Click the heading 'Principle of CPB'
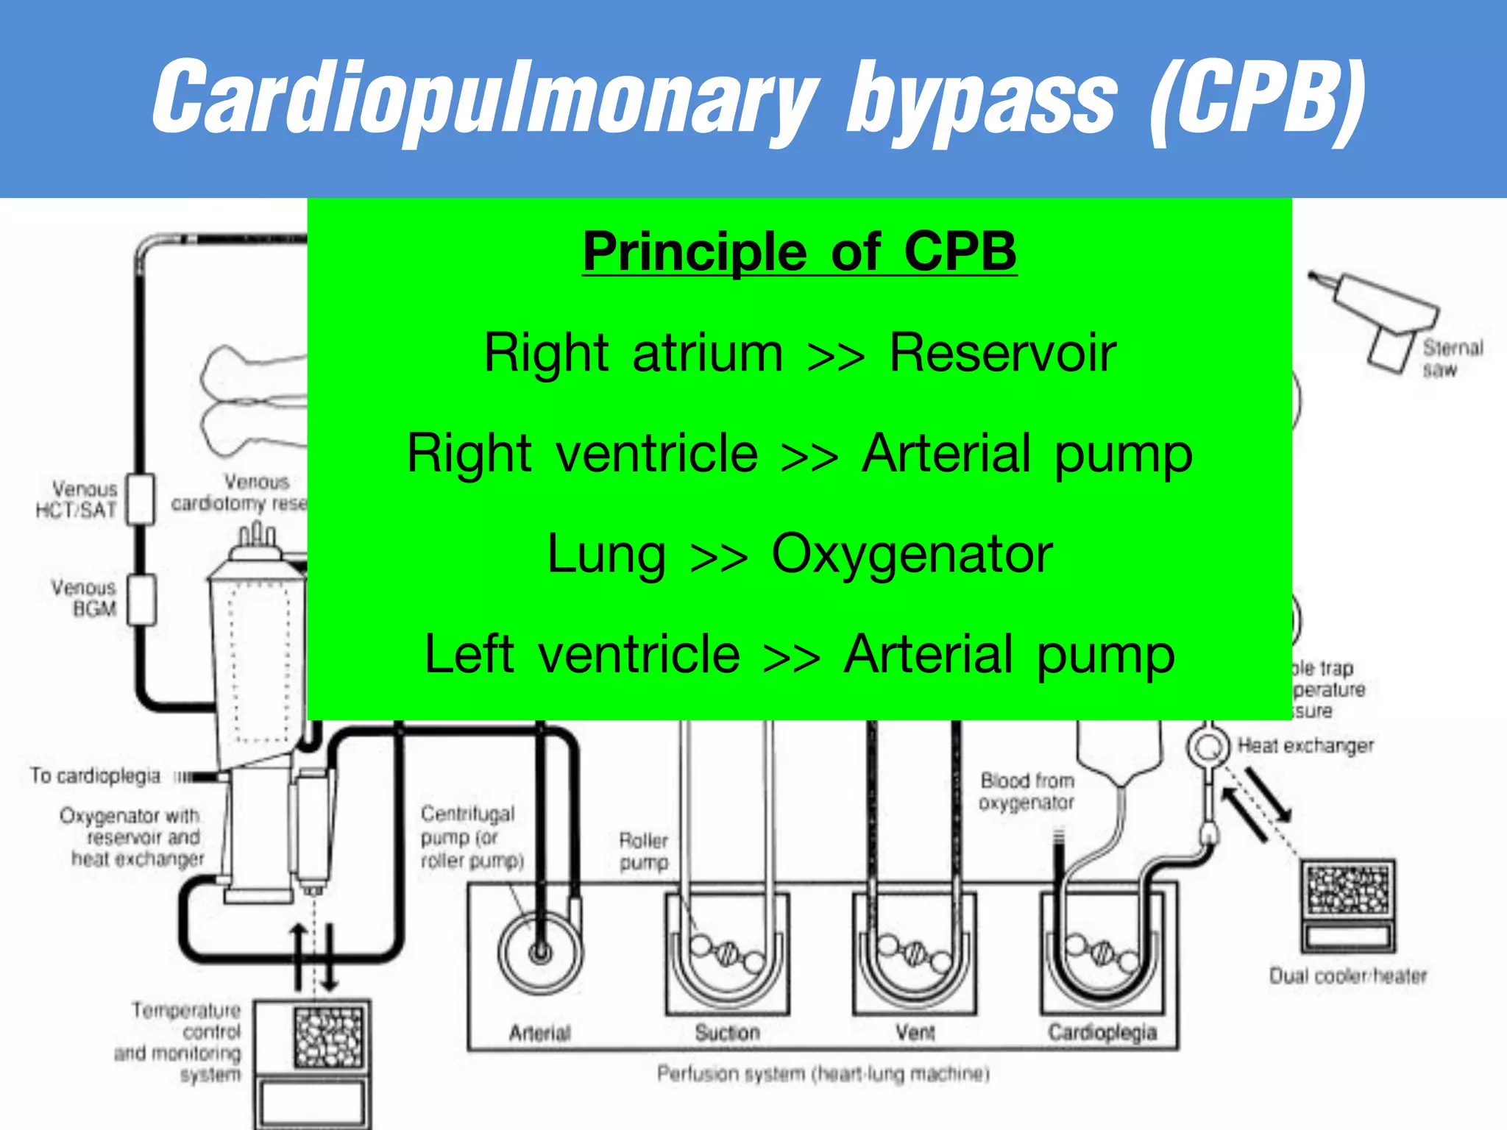[x=799, y=252]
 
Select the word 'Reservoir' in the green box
[x=1002, y=352]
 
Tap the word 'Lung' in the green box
[x=606, y=553]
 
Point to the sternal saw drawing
[x=1383, y=316]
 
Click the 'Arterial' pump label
[x=539, y=1033]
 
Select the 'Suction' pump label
[x=726, y=1033]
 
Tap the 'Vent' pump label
[x=915, y=1033]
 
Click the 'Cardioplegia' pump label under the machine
[x=1102, y=1033]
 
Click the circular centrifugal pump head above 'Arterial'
[x=540, y=953]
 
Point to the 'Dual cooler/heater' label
[x=1347, y=976]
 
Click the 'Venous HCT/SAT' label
[x=78, y=500]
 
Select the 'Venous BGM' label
[x=85, y=598]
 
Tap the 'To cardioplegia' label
[x=96, y=776]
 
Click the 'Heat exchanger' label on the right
[x=1305, y=746]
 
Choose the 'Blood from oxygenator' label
[x=1026, y=791]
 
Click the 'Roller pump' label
[x=644, y=851]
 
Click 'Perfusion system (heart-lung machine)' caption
[x=823, y=1074]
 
